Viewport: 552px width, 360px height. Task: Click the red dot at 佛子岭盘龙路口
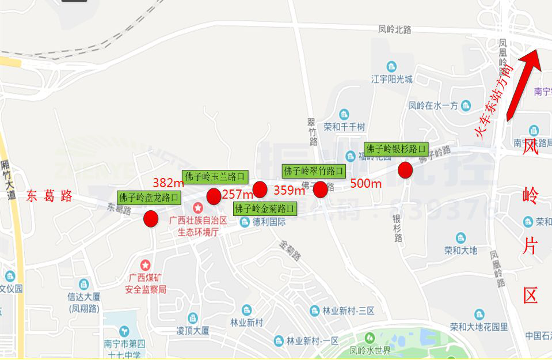click(151, 219)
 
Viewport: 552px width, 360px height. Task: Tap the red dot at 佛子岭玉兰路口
click(214, 196)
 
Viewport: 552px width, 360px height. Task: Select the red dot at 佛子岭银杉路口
click(405, 170)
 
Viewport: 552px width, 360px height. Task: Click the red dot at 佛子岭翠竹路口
click(320, 189)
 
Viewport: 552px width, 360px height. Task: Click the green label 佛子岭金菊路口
click(265, 208)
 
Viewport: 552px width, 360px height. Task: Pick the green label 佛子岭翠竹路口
click(314, 171)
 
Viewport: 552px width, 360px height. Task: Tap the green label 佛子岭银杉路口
click(396, 149)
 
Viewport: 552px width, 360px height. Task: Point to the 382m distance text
click(168, 183)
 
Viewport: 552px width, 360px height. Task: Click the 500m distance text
click(366, 184)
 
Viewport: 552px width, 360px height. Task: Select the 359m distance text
click(289, 190)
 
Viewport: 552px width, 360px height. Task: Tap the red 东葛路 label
click(50, 196)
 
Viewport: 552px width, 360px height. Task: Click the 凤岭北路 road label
click(395, 29)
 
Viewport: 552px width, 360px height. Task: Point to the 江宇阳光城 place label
click(392, 79)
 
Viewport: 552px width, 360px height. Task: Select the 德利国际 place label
click(269, 222)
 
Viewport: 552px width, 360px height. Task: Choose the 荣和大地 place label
click(460, 250)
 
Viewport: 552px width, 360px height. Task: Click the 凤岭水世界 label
click(370, 350)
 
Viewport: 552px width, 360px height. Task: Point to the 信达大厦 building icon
click(84, 285)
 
